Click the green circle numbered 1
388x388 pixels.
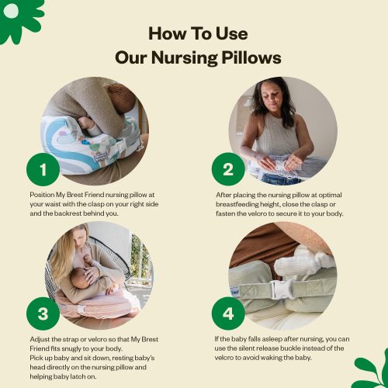[44, 168]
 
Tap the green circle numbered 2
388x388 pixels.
[227, 168]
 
